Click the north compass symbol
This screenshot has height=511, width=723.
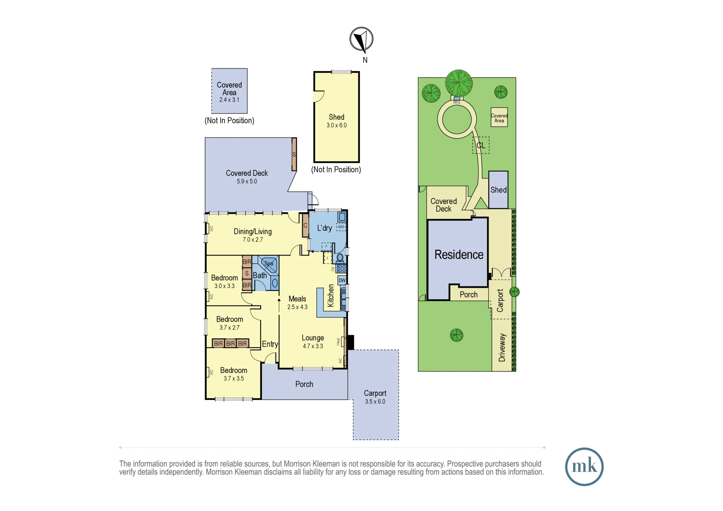coord(361,39)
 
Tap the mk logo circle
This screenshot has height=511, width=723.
coord(584,467)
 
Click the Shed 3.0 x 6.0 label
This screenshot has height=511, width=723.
coord(337,121)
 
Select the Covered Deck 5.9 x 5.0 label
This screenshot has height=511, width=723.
coord(247,177)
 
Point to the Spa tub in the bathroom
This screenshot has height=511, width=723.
coord(268,264)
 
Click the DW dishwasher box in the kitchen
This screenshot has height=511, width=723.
coord(342,280)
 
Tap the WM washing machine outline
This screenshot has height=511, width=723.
coord(341,227)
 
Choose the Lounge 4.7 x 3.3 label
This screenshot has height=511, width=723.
coord(313,342)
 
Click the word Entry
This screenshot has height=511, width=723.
coord(270,344)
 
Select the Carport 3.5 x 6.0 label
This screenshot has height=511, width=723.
coord(375,397)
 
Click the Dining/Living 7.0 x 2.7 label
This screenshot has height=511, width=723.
coord(253,235)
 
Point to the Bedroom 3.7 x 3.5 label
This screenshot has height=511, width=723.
coord(234,374)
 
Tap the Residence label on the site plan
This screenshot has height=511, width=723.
coord(459,254)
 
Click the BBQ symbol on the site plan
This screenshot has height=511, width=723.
coord(457,99)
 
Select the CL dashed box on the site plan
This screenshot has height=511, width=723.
coord(481,145)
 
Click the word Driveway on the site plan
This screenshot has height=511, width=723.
coord(502,348)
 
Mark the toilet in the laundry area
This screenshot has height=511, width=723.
coord(340,258)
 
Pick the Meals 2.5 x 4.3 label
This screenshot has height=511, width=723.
coord(297,302)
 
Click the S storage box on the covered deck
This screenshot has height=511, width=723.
coord(294,154)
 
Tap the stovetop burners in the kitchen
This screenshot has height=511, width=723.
coord(342,269)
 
